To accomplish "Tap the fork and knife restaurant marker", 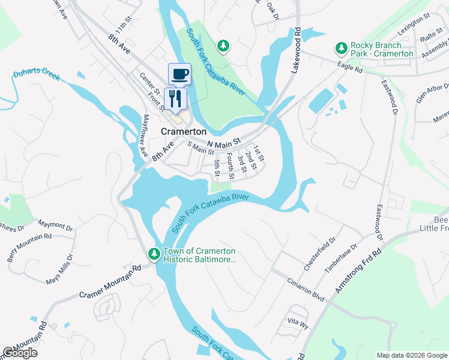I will coord(175,97).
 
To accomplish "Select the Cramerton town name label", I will coord(184,131).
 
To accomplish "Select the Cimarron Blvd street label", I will coord(305,289).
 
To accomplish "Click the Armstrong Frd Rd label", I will coord(358,271).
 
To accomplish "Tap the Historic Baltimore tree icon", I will coord(154,254).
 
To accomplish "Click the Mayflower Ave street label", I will coord(145,136).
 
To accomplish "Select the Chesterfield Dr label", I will coord(323,244).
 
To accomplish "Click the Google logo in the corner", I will coord(20,353).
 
